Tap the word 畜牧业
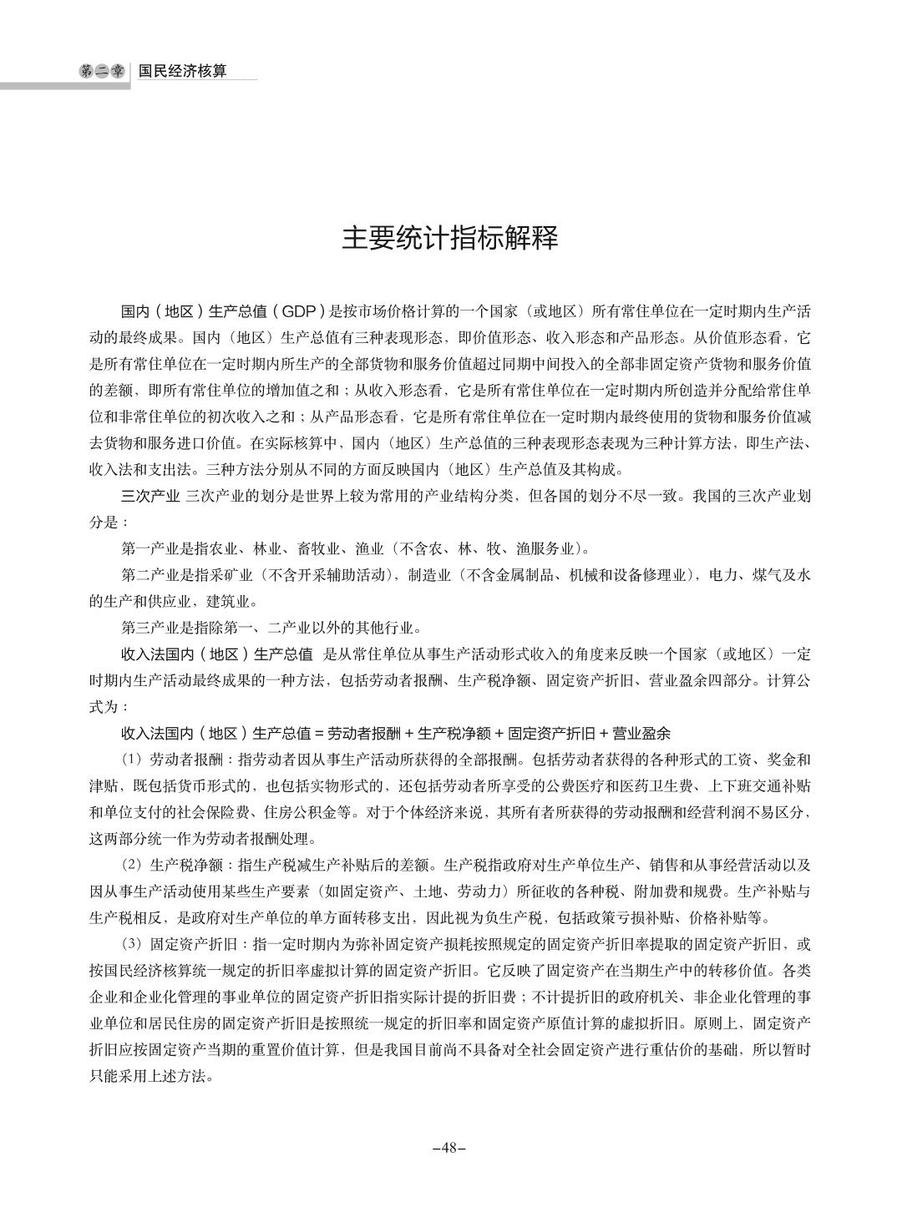click(318, 549)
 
